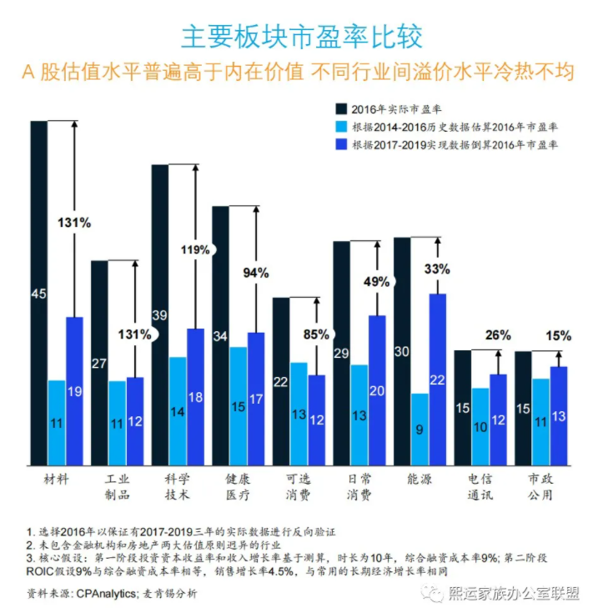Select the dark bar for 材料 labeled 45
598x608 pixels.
coord(38,293)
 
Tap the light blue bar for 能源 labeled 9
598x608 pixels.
coord(420,430)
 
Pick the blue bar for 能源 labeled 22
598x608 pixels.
coord(438,379)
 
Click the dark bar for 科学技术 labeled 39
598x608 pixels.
coord(159,314)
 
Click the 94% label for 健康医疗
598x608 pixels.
coord(255,273)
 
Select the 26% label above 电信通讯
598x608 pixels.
coord(498,335)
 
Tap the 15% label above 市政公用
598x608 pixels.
coord(558,336)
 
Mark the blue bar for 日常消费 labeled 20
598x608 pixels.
coord(377,390)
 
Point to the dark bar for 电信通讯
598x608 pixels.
coord(463,408)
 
